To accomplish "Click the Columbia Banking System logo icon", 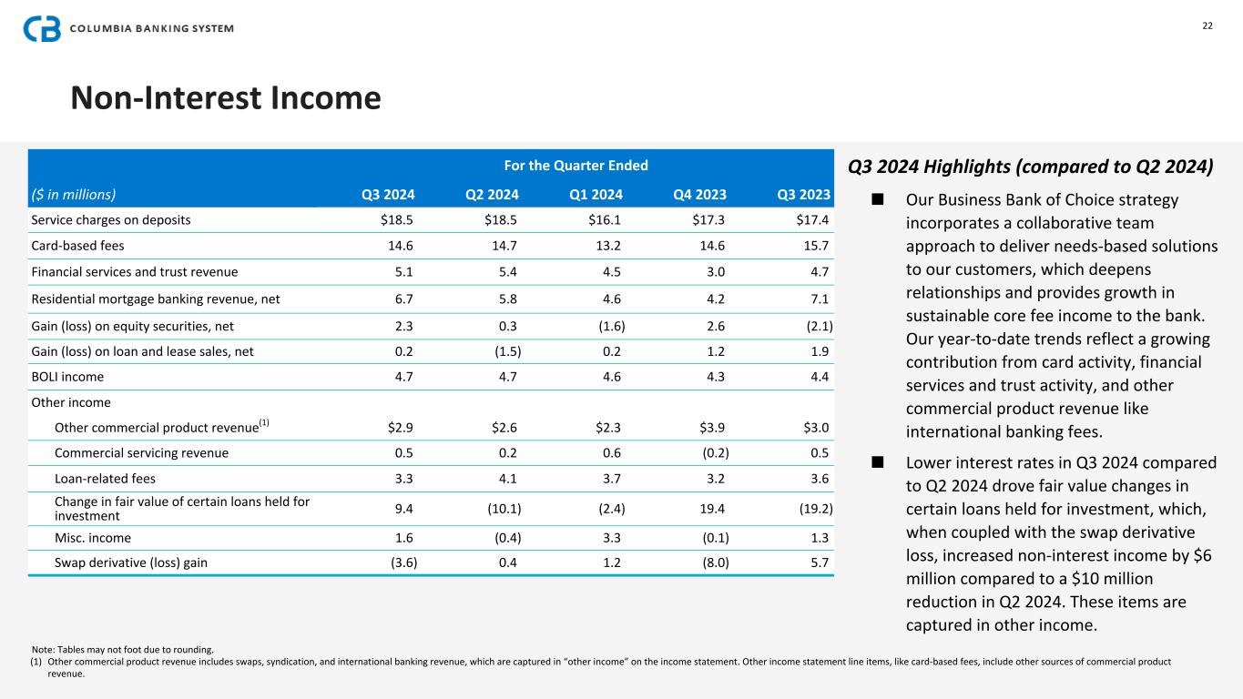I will (42, 28).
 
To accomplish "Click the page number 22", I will (1207, 25).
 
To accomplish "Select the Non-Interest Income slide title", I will (226, 97).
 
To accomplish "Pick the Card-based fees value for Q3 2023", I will (813, 246).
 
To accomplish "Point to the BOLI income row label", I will (67, 376).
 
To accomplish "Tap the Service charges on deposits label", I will (111, 219).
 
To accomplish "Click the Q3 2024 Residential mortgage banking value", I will (403, 298).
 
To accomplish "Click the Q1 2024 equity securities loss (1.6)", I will (606, 324).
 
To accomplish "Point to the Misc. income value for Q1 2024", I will (612, 537).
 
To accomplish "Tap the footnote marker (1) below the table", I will (36, 662).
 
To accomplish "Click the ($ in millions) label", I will (74, 193).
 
